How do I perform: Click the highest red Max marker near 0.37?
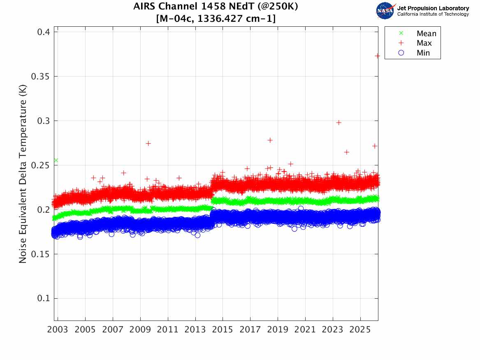[377, 56]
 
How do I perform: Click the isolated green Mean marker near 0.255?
[56, 160]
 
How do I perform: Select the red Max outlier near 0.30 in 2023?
[339, 123]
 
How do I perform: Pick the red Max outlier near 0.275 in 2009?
[148, 143]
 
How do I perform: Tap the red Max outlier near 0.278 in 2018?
[270, 140]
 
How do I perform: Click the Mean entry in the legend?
[426, 34]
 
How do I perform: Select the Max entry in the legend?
[424, 43]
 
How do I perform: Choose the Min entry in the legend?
[423, 53]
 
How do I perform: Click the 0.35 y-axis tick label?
[40, 77]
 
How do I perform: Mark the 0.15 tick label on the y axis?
[40, 254]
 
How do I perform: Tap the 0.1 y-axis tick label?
[42, 299]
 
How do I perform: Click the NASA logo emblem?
[385, 11]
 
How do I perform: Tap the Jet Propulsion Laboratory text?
[433, 8]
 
